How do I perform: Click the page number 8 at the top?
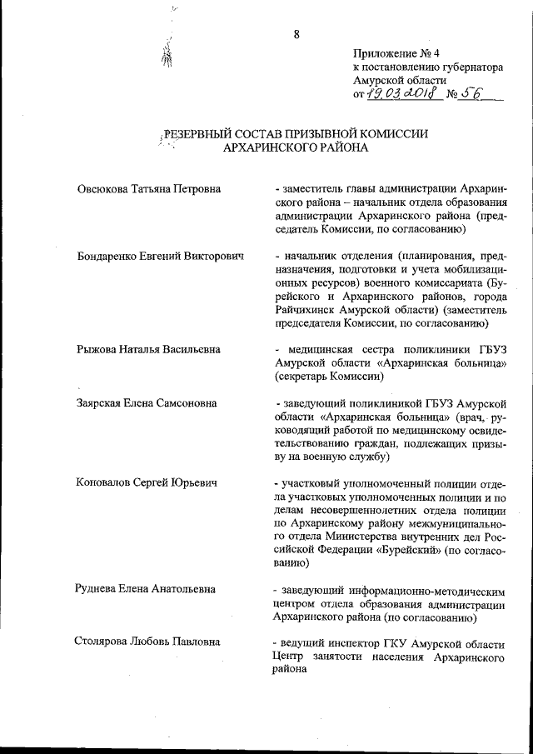[296, 33]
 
